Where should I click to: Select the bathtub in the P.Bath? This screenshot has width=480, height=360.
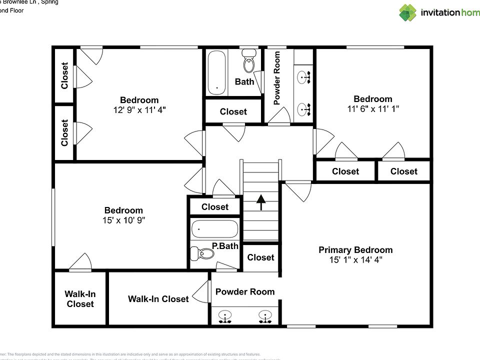point(214,229)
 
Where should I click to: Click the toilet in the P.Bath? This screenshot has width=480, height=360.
point(205,254)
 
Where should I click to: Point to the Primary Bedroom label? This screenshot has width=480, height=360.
point(355,250)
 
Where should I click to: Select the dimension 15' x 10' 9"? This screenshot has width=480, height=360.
point(123,220)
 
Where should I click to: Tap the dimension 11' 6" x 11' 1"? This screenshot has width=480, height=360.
point(373,108)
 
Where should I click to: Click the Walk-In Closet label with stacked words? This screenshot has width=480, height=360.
point(80,299)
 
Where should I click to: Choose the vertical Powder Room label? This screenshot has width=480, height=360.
point(277,77)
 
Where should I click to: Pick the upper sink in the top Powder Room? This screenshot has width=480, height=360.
point(303,77)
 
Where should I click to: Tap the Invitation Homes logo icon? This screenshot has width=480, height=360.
point(407,12)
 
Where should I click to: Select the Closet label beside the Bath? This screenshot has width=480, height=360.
point(233,111)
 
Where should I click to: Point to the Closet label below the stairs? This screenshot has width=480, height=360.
point(260,257)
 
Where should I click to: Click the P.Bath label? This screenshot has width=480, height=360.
point(225,245)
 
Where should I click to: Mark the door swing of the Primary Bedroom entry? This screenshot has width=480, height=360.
point(299,191)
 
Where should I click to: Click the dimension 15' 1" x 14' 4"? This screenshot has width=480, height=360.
point(355,260)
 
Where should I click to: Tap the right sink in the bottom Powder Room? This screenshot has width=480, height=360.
point(265,315)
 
